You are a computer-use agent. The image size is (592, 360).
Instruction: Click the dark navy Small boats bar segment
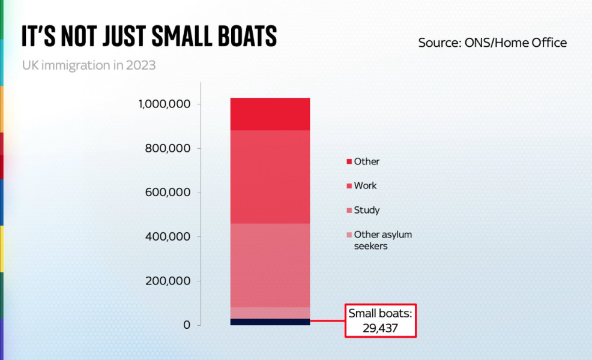270,322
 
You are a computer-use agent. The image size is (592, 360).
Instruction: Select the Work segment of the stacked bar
270,177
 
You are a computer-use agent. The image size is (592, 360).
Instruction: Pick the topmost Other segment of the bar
270,114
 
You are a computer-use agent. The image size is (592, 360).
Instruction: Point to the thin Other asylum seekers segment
270,313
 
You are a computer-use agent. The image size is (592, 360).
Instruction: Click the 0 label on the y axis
187,325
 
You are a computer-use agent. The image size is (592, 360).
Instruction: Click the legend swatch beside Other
349,162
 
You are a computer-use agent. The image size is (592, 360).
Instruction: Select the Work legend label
365,186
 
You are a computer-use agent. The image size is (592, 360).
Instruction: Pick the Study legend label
366,211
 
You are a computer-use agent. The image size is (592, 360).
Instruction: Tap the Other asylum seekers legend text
382,240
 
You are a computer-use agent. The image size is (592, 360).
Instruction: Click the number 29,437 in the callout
381,328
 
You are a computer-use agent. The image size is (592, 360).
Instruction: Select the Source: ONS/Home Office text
492,43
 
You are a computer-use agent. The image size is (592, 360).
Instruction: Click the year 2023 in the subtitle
140,65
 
